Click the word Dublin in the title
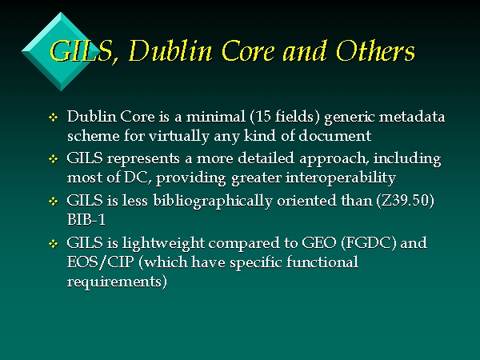coord(170,50)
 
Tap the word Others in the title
coord(375,50)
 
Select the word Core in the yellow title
coord(248,51)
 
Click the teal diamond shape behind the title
coord(61,51)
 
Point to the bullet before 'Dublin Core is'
coord(54,118)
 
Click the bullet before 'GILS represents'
coord(54,159)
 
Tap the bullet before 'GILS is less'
coord(54,202)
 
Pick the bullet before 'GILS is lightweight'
coord(54,244)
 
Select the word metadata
coord(412,117)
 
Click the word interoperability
coord(341,178)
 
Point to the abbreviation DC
coord(135,178)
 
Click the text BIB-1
coord(86,220)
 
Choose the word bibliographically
coord(213,202)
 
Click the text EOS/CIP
coord(101,262)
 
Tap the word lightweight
coord(163,244)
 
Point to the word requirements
coord(114,282)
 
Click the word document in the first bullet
coord(335,136)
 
